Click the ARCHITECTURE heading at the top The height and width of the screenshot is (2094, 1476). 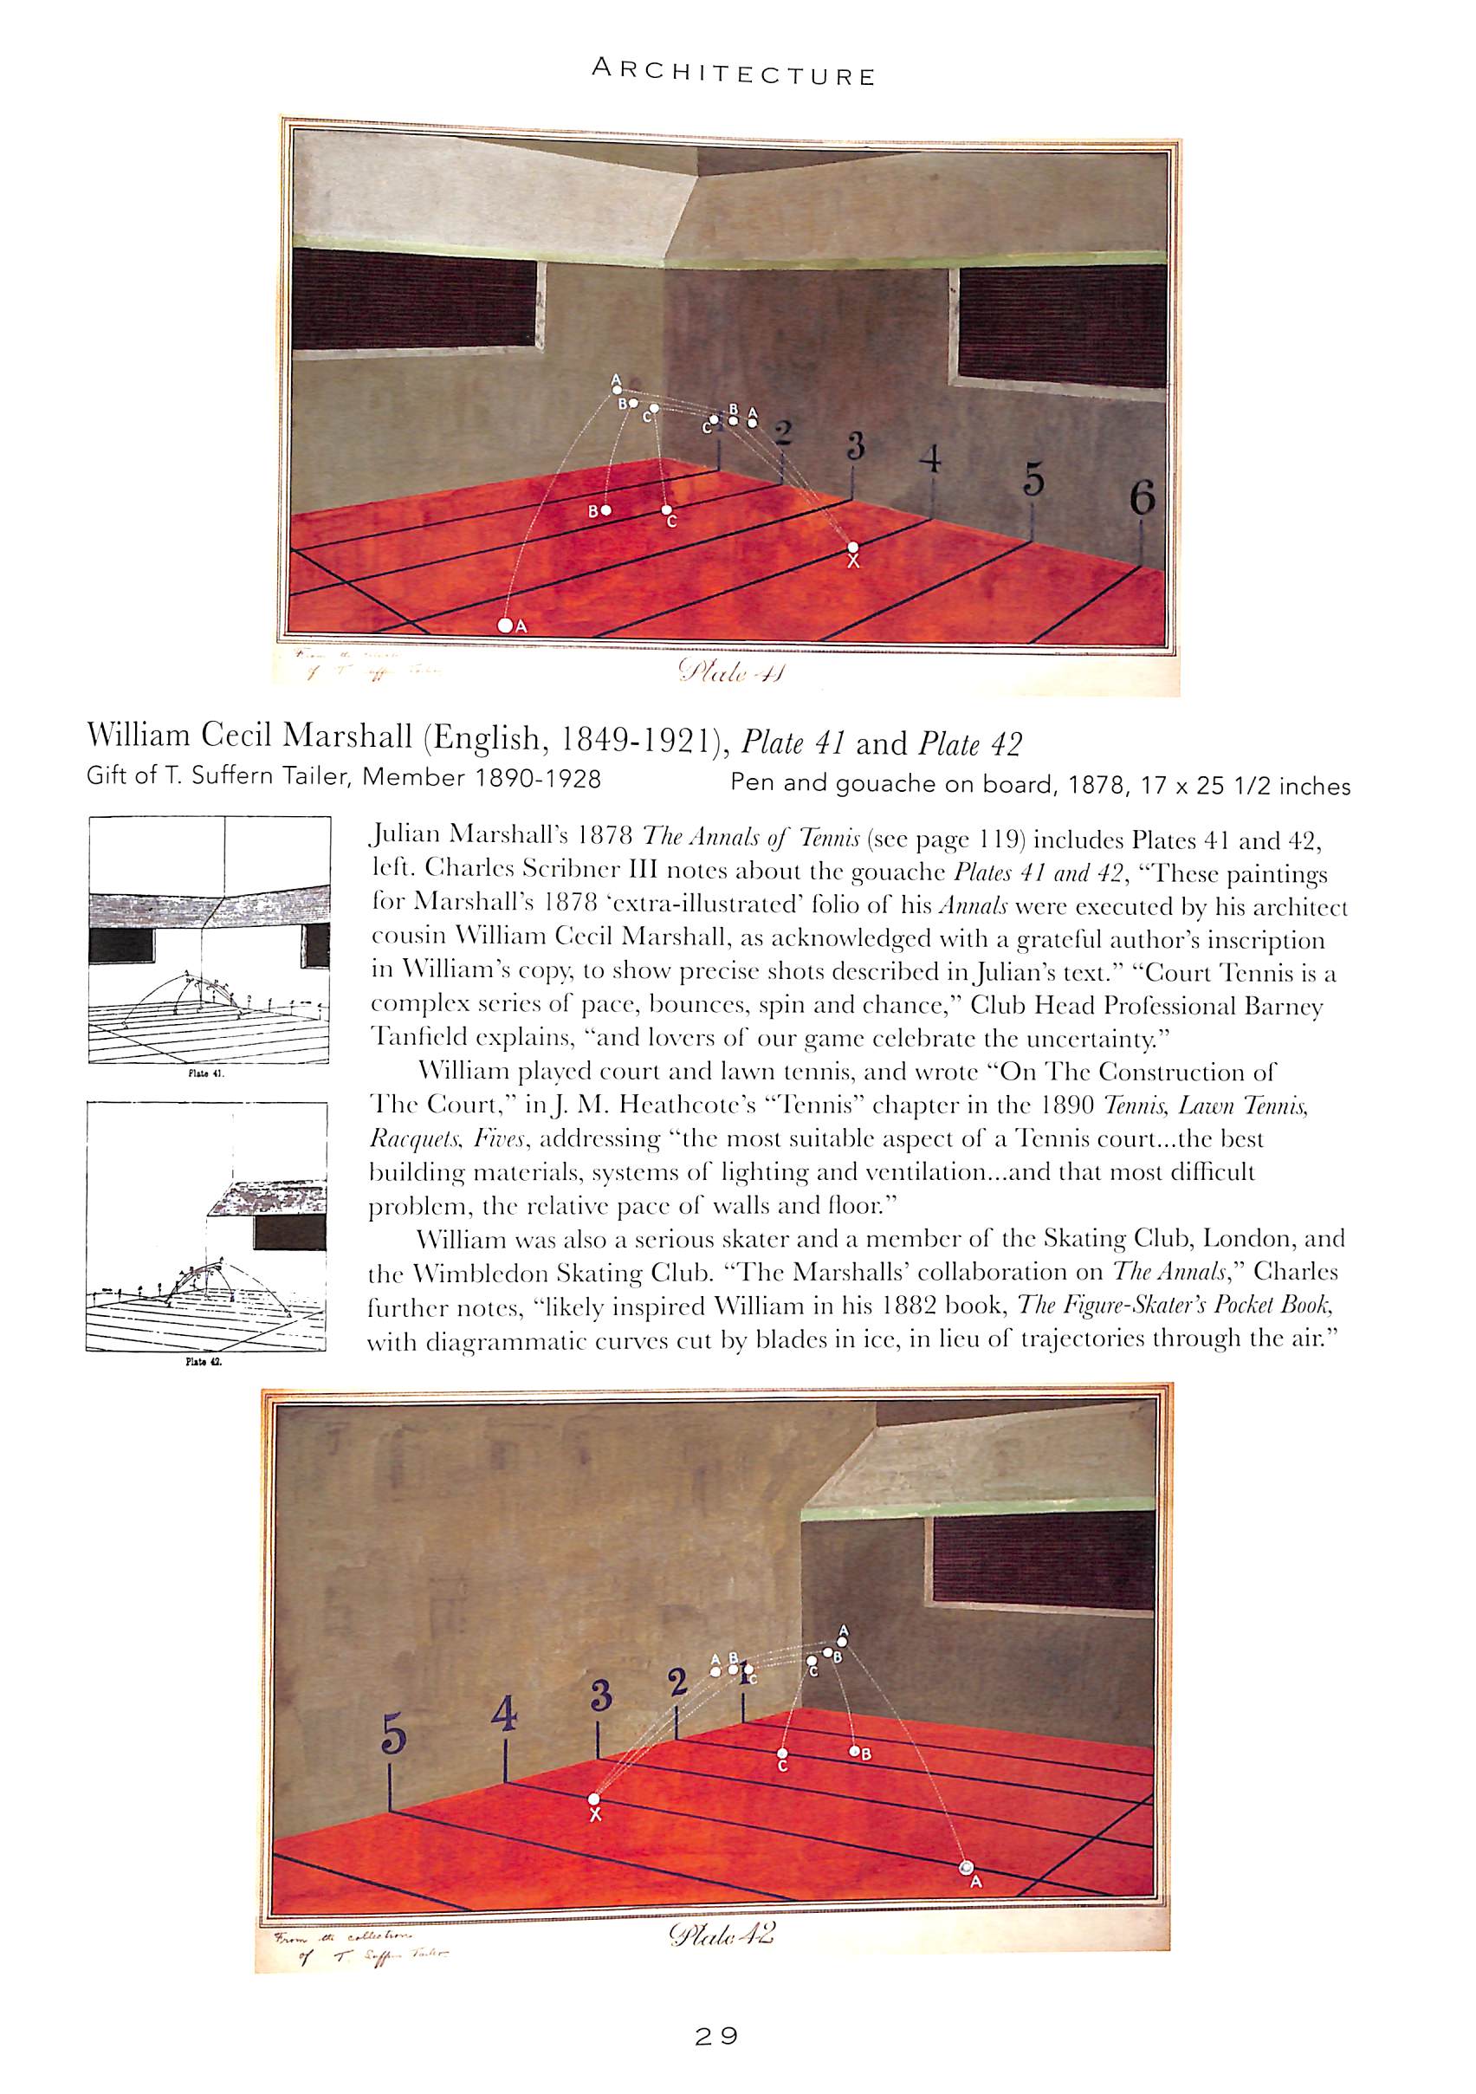click(x=734, y=73)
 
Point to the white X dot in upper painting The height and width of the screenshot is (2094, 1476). click(x=852, y=548)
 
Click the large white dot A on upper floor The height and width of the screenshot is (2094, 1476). click(x=504, y=626)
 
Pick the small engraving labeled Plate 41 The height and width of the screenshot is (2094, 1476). click(x=209, y=939)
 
